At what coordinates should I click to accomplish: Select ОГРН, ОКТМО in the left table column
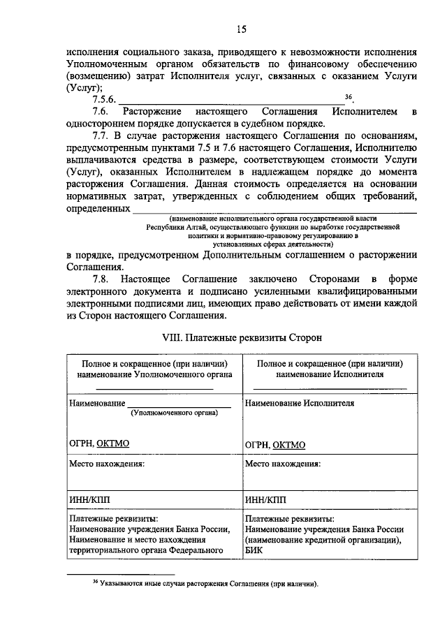point(99,443)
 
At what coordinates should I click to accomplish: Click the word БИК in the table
point(253,550)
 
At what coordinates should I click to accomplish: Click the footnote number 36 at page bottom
point(96,582)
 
